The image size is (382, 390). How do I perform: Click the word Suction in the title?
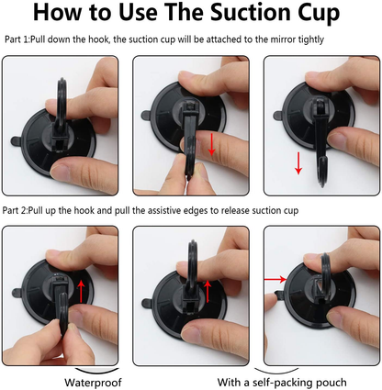click(x=253, y=13)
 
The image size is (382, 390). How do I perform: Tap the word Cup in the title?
click(x=321, y=14)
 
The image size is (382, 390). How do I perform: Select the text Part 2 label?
click(x=15, y=210)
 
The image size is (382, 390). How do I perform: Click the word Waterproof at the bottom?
click(x=93, y=383)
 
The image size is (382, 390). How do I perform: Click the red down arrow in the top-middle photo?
click(x=211, y=144)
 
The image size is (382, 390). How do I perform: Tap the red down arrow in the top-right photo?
click(x=298, y=162)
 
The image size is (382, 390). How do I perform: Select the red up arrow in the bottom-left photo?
click(x=81, y=291)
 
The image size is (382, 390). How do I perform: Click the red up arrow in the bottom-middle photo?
click(x=208, y=291)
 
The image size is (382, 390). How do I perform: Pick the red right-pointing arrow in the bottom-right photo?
click(x=275, y=279)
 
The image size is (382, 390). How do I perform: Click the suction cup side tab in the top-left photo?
click(x=16, y=140)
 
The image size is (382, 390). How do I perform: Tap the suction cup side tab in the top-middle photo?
click(x=146, y=116)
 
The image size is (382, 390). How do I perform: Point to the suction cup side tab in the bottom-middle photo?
click(x=147, y=304)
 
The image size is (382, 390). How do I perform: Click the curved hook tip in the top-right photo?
click(x=321, y=172)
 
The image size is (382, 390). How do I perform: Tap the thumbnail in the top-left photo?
click(x=60, y=171)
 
